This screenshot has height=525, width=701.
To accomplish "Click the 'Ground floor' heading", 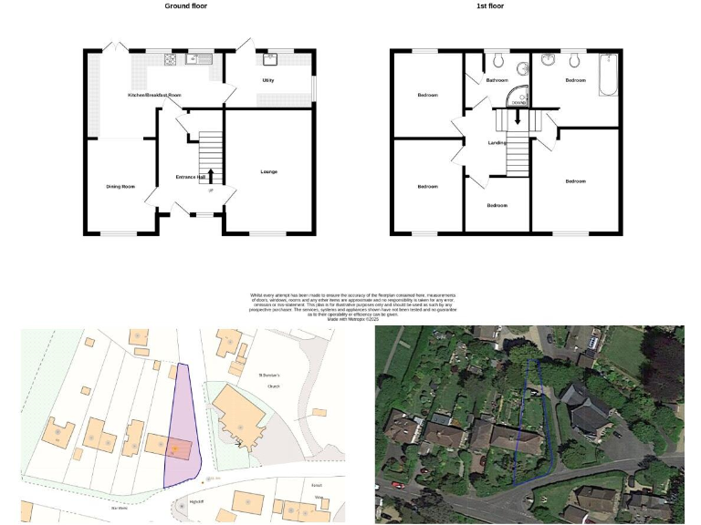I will click(184, 5).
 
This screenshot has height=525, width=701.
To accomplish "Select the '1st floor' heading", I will click(516, 5).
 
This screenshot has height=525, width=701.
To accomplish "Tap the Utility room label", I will click(268, 80).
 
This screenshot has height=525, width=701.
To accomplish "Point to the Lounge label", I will click(268, 171).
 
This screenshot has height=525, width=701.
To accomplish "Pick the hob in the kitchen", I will click(170, 59).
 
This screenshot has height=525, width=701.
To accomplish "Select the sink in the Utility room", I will click(270, 60).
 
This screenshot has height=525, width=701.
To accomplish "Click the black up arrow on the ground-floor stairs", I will click(211, 176).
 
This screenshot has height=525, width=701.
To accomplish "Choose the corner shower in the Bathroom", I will click(518, 96).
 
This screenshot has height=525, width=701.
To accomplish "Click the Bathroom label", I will click(497, 80).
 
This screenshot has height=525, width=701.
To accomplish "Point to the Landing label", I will click(497, 143).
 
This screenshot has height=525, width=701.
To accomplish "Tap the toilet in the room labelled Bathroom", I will click(497, 60).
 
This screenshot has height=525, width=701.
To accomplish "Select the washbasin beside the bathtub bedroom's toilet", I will click(549, 60).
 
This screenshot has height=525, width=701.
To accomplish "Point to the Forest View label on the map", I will click(318, 489).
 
